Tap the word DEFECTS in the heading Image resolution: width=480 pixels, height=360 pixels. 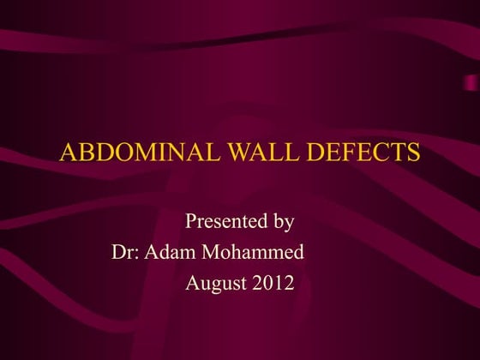coord(360,153)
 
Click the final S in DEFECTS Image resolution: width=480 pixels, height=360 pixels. coord(414,153)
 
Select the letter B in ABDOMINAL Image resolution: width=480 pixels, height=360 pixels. coord(83,153)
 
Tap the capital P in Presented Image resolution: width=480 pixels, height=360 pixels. coord(191,222)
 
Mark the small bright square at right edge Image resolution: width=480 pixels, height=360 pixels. coord(471,81)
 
